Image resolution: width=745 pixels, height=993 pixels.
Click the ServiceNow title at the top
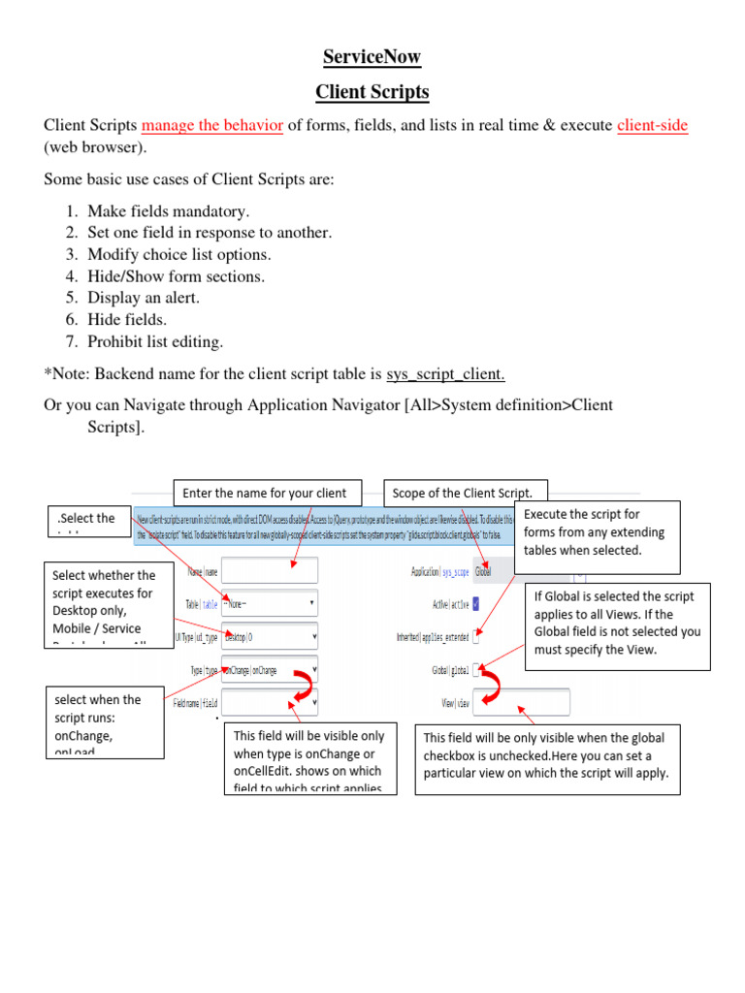372,57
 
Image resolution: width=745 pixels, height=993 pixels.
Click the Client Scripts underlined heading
372,93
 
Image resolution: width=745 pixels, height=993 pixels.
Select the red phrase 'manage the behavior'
212,126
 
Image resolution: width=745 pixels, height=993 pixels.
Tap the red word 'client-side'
653,126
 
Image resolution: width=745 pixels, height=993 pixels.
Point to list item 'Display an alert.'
144,298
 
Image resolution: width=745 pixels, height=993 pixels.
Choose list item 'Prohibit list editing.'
155,340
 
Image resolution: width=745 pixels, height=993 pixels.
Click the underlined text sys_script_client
446,374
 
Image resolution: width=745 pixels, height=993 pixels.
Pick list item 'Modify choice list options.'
179,254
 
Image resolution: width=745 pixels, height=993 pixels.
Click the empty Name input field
270,570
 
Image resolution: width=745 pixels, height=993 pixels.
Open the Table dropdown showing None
270,603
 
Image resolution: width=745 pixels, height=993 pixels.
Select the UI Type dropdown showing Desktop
270,637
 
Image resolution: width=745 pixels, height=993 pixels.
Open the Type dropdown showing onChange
270,670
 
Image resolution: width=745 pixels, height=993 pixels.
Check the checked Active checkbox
475,604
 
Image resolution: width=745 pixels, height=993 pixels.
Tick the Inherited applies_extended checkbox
475,637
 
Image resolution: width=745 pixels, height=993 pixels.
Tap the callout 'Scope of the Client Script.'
466,493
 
